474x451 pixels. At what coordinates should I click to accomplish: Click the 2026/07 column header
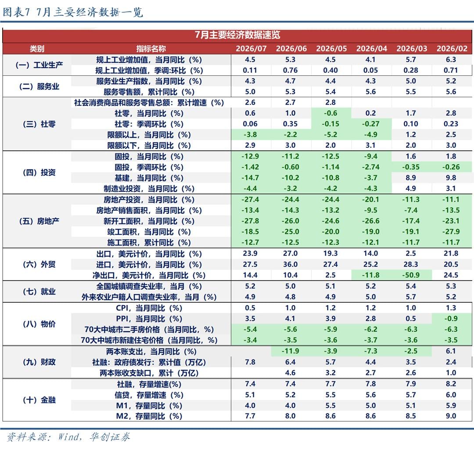[251, 49]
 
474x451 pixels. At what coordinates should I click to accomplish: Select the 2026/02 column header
[452, 49]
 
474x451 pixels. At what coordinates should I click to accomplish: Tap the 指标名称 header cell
[151, 49]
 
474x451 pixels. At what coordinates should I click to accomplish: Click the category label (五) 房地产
[39, 221]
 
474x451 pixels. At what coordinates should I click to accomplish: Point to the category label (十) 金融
[39, 400]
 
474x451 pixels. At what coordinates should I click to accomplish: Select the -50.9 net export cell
[411, 275]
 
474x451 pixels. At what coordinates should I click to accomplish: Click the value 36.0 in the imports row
[290, 264]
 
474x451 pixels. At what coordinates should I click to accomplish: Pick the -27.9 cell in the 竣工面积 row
[451, 231]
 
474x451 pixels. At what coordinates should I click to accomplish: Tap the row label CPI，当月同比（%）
[149, 308]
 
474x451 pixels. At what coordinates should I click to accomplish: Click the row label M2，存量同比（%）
[149, 416]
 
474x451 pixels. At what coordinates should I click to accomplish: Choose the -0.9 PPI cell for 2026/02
[451, 319]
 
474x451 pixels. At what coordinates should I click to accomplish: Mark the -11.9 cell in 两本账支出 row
[290, 351]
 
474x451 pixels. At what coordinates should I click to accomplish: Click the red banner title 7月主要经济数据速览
[237, 35]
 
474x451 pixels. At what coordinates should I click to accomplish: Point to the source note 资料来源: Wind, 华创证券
[68, 437]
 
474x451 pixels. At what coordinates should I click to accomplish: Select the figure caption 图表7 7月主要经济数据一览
[72, 12]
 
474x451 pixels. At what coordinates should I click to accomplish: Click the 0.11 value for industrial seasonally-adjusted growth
[250, 70]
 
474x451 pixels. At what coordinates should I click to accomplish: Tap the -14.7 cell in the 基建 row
[250, 178]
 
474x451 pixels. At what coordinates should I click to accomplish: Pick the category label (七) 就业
[39, 291]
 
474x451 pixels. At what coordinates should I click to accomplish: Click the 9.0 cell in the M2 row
[451, 416]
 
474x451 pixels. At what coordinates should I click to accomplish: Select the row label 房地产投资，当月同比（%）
[149, 199]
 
